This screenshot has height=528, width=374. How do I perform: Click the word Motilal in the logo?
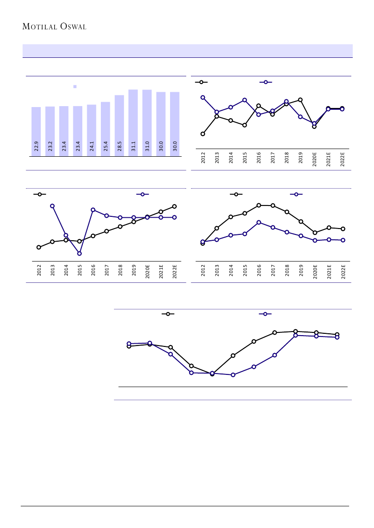tap(40, 27)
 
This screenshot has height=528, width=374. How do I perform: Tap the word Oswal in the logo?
tap(72, 27)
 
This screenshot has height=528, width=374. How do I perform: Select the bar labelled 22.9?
tap(36, 131)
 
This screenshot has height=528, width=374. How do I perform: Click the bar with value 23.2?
tap(50, 131)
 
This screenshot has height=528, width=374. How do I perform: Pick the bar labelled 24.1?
tap(91, 130)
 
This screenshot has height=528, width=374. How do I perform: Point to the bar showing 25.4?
tap(105, 129)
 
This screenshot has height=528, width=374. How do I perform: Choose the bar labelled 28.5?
tap(119, 125)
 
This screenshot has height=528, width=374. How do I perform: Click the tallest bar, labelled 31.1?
tap(133, 122)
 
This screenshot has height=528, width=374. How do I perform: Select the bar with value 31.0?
tap(147, 122)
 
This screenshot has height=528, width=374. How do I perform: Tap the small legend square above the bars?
tap(75, 86)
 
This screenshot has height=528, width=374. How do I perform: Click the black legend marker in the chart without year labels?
tap(168, 314)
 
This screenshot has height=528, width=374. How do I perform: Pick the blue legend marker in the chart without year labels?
tap(265, 314)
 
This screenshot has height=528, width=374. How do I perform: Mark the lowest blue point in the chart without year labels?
tap(233, 375)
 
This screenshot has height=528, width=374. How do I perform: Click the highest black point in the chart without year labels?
tap(295, 332)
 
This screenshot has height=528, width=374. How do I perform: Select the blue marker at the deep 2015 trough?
tap(79, 253)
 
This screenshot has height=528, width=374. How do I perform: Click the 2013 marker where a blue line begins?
tap(52, 206)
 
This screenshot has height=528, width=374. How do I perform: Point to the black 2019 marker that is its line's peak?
tap(300, 100)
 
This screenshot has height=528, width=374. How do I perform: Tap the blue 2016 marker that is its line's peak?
tap(259, 222)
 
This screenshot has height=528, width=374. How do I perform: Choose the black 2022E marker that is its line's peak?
tap(174, 206)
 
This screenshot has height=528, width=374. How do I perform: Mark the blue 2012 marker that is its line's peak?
tap(203, 98)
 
